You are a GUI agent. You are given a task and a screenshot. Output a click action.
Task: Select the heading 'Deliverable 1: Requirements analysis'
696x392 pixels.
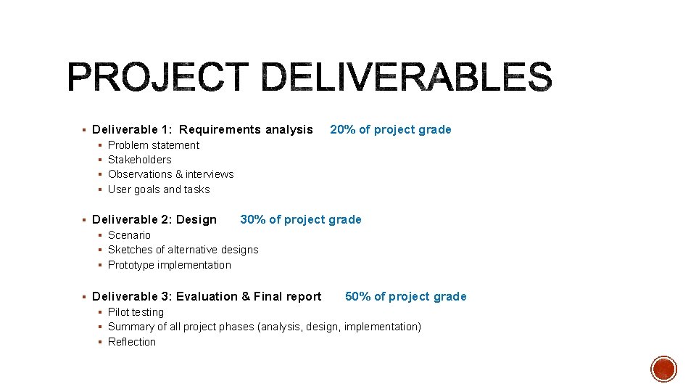coord(202,130)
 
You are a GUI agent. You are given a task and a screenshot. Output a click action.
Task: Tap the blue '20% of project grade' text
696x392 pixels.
coord(390,130)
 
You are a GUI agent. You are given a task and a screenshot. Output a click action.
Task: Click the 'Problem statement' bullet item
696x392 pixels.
coord(153,145)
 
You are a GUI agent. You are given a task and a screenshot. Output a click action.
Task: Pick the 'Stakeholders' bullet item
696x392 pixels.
coord(139,160)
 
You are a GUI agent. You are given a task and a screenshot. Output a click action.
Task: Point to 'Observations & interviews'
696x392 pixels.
coord(170,174)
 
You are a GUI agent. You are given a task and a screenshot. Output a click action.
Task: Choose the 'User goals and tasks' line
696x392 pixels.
coord(158,189)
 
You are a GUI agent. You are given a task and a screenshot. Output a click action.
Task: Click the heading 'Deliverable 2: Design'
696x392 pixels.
coord(154,220)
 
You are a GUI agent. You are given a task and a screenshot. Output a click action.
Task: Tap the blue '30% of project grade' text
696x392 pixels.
coord(300,220)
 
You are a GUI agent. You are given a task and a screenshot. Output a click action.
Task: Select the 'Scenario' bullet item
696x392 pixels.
coord(129,235)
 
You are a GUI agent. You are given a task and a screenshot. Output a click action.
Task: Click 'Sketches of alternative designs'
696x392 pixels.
coord(183,250)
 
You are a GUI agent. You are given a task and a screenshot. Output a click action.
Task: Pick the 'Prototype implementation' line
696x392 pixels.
coord(169,265)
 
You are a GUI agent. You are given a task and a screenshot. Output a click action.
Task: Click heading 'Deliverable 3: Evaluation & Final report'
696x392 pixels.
coord(207,297)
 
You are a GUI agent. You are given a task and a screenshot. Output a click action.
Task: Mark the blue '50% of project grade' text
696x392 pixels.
coord(405,297)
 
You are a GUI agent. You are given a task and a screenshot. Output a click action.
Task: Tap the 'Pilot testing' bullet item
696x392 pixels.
coord(136,312)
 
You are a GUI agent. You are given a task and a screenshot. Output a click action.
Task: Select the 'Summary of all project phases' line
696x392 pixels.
coord(264,327)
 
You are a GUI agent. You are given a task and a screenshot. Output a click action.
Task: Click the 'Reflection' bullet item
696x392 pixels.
coord(131,342)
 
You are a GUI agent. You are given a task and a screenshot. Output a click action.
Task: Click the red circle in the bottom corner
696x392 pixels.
coord(663,369)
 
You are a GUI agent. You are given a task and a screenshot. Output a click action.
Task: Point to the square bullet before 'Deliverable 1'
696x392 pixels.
coord(84,130)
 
